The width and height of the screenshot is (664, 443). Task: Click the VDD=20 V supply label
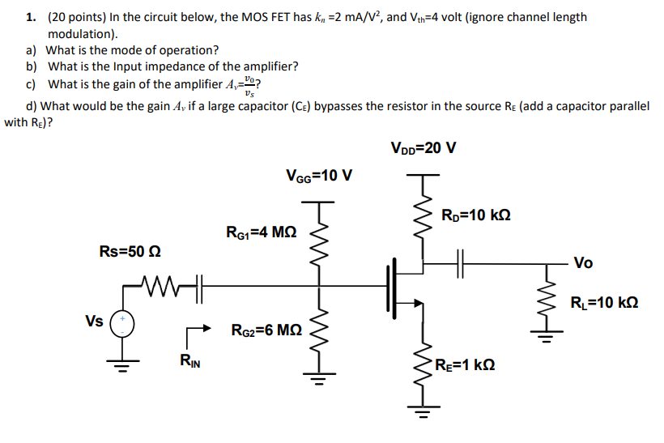click(x=423, y=148)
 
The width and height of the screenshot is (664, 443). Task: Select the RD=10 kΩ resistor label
click(x=475, y=215)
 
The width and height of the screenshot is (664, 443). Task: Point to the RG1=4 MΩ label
click(x=262, y=232)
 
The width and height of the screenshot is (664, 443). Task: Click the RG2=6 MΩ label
click(x=266, y=330)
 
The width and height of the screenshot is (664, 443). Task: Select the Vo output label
click(x=583, y=262)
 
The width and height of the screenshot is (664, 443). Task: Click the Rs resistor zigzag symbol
click(x=161, y=284)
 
